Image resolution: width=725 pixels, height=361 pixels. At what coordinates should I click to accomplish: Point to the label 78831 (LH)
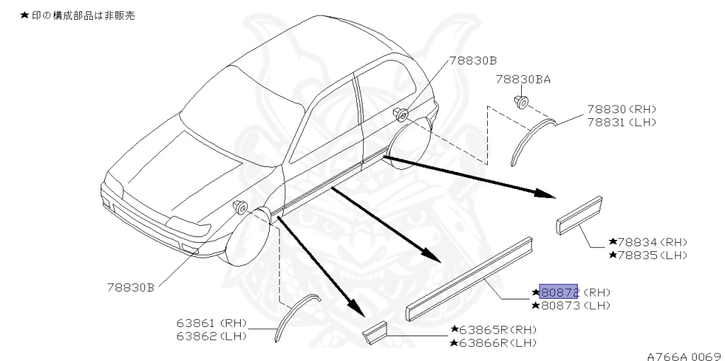[x=621, y=122]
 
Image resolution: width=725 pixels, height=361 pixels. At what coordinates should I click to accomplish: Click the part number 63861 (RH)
[x=211, y=323]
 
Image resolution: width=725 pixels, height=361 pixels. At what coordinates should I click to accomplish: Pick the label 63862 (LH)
[x=211, y=336]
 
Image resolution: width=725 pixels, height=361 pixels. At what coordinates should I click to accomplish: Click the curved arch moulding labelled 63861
[x=294, y=316]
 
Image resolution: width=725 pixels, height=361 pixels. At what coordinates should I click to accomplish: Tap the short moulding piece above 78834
[x=578, y=214]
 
